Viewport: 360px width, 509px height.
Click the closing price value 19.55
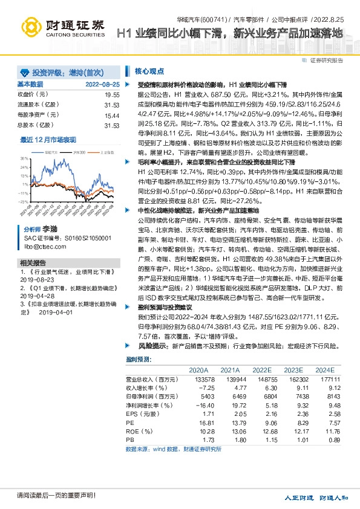tap(112, 95)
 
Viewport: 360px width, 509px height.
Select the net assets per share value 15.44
tap(112, 115)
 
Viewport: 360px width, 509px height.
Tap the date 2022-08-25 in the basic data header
tap(103, 84)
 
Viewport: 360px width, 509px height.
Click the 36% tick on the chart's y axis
tap(24, 158)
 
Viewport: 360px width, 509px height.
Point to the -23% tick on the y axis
tap(24, 201)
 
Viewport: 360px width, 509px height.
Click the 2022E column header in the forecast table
tap(261, 369)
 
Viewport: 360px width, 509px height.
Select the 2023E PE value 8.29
tap(295, 424)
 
